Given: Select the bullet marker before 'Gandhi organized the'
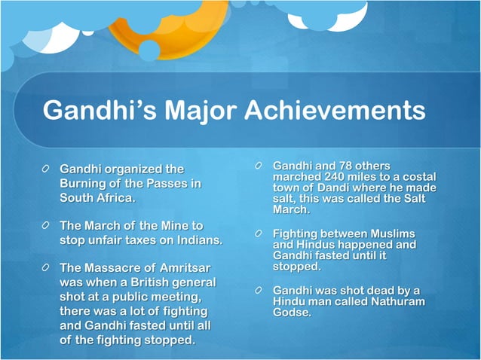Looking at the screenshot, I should pyautogui.click(x=47, y=169).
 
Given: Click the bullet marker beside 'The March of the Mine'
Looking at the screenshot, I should pyautogui.click(x=47, y=226).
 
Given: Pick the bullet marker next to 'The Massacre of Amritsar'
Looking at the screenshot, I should pyautogui.click(x=47, y=269).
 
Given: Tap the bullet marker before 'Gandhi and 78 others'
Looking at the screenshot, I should pyautogui.click(x=259, y=166).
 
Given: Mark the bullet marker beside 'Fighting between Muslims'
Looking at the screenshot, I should pyautogui.click(x=259, y=234).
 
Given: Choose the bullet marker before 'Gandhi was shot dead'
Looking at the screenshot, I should pyautogui.click(x=259, y=291).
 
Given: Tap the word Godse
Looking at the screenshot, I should pyautogui.click(x=290, y=313).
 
